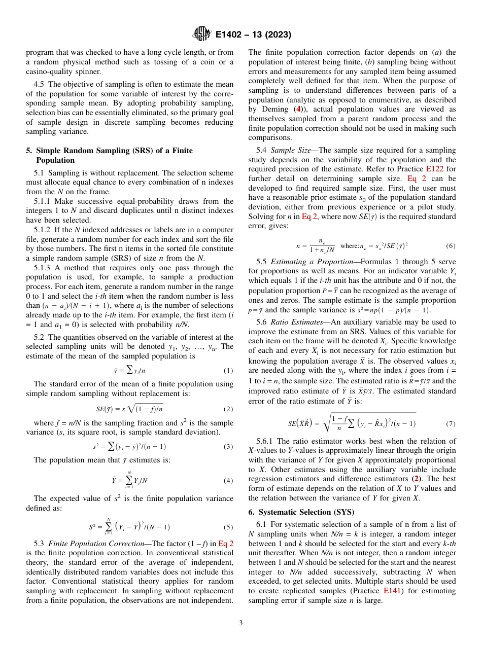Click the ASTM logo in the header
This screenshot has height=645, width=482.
point(202,34)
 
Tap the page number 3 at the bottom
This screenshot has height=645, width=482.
point(240,622)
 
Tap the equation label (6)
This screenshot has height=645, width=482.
point(450,246)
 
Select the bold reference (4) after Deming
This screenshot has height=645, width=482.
point(300,109)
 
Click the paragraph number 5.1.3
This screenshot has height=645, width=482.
point(44,268)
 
